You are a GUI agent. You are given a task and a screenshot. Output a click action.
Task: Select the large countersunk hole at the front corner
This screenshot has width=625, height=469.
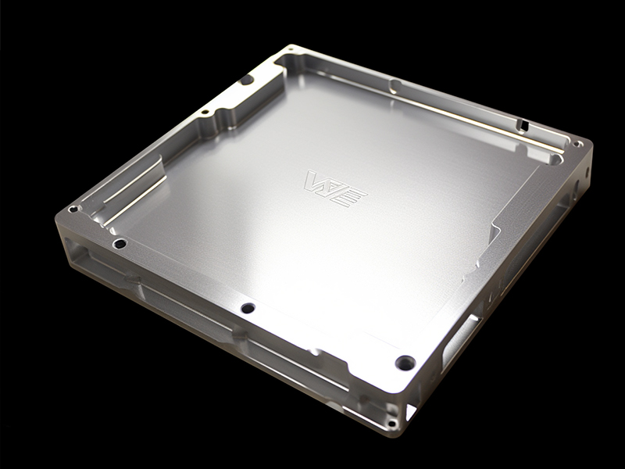405,363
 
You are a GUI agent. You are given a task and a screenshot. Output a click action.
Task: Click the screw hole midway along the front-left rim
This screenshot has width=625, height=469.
248,308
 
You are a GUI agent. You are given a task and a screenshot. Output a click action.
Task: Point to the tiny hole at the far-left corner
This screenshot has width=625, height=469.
73,209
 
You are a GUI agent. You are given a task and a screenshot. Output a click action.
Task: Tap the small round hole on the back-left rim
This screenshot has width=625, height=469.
204,112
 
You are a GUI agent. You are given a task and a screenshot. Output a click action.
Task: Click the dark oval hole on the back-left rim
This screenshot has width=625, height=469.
246,80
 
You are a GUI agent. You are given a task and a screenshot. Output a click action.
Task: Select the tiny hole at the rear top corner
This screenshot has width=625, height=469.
291,48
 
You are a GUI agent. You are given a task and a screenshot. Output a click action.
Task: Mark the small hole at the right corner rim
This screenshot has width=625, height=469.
577,144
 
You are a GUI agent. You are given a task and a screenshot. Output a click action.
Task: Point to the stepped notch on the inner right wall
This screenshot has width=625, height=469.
492,231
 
